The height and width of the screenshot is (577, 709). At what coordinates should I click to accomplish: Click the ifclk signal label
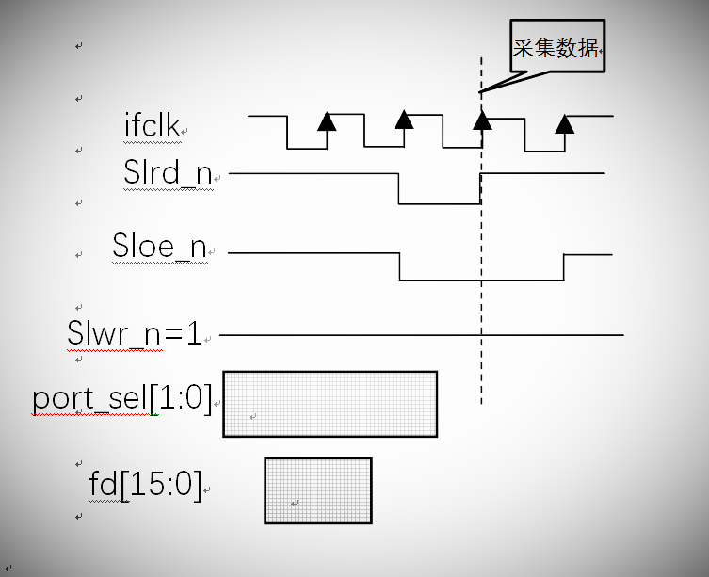[x=152, y=125]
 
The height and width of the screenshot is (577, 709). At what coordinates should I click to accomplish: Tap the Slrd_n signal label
[x=168, y=174]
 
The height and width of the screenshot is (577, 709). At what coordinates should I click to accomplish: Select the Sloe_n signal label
[x=159, y=247]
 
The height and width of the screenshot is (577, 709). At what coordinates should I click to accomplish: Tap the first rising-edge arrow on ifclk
[x=327, y=120]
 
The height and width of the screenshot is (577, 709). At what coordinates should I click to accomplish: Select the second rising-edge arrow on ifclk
[x=404, y=120]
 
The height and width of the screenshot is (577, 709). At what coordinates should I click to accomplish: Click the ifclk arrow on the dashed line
[x=482, y=120]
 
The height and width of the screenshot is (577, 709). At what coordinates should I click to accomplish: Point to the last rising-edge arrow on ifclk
[x=564, y=123]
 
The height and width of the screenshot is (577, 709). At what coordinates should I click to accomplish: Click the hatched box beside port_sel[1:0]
[x=330, y=404]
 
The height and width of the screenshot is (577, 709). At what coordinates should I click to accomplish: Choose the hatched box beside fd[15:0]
[x=318, y=489]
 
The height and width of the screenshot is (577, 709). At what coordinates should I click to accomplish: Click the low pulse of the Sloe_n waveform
[x=481, y=280]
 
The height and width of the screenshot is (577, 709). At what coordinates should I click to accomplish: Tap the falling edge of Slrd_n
[x=399, y=188]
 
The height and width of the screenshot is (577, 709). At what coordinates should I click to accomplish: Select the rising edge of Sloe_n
[x=564, y=266]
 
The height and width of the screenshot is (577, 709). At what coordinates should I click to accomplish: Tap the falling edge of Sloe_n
[x=400, y=266]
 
